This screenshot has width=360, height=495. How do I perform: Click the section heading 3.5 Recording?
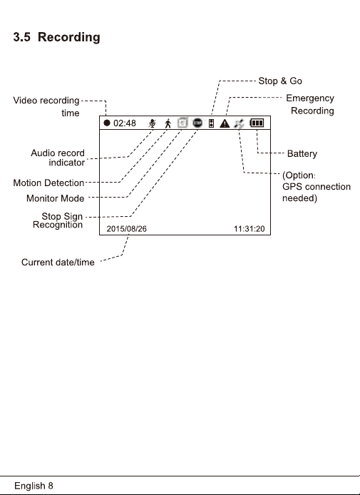(x=57, y=37)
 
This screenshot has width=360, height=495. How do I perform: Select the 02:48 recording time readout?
(x=125, y=123)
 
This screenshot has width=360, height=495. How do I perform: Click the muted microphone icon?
(x=152, y=123)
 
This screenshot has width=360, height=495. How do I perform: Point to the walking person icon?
(x=168, y=123)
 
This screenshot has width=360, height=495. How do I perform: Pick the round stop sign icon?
(x=197, y=123)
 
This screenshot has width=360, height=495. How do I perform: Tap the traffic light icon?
(x=212, y=123)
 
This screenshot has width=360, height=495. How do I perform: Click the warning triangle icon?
(x=225, y=123)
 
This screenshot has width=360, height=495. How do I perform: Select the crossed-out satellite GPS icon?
(x=239, y=123)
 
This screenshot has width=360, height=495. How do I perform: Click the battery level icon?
(x=257, y=123)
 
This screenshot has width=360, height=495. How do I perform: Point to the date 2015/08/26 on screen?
(x=126, y=229)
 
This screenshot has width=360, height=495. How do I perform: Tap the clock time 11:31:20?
(x=250, y=229)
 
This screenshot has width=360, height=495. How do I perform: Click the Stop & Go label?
(x=280, y=81)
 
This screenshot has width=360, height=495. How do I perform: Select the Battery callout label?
(x=302, y=154)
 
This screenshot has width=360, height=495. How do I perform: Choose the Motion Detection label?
(x=48, y=183)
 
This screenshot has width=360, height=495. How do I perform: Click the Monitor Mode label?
(x=55, y=198)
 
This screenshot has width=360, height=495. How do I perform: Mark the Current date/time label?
(x=58, y=262)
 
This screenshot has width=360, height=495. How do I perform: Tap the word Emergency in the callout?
(x=310, y=98)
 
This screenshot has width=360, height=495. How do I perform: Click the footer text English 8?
(x=34, y=486)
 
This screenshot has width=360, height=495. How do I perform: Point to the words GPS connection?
(x=317, y=187)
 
